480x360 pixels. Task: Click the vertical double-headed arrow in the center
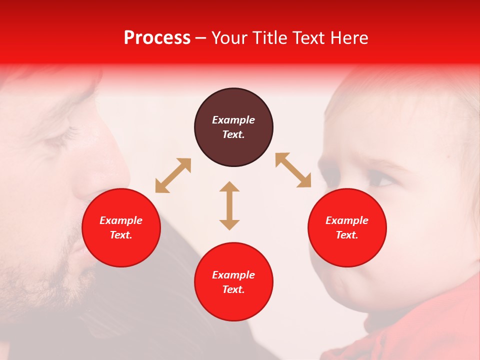click(x=229, y=205)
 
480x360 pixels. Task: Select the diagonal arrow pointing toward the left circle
click(x=173, y=175)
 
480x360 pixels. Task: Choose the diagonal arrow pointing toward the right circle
click(x=293, y=170)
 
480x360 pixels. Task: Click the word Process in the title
click(x=157, y=38)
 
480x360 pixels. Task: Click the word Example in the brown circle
click(x=233, y=120)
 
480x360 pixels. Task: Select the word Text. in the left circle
click(x=121, y=235)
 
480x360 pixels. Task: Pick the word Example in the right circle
click(x=347, y=220)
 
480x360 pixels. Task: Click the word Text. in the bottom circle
click(x=233, y=289)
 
